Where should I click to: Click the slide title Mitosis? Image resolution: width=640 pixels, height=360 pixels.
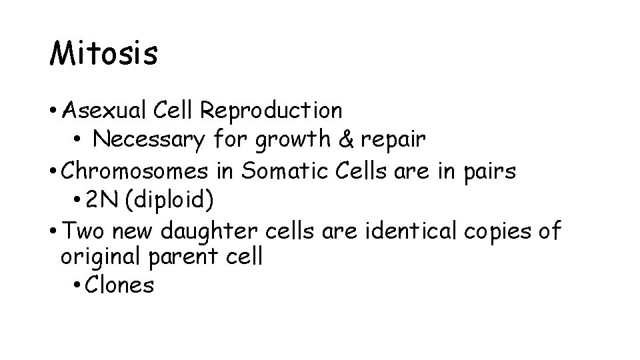coord(103,54)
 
